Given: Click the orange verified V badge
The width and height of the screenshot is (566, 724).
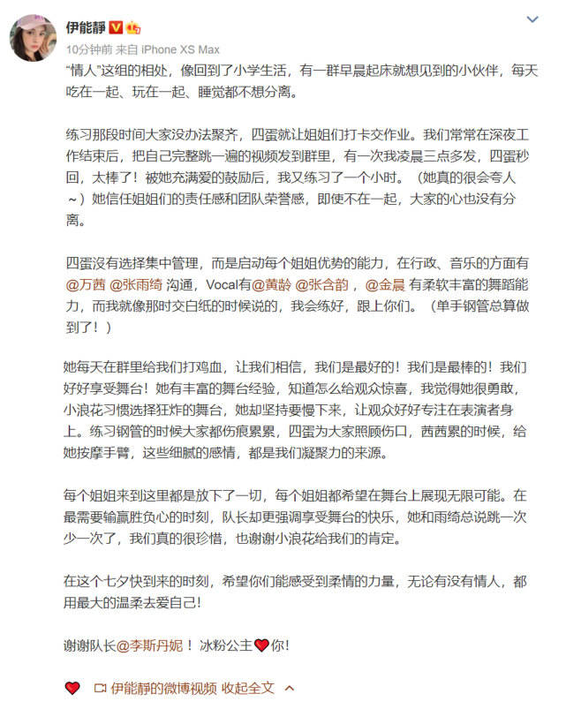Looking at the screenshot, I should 117,27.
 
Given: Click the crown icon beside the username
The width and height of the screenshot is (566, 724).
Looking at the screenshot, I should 134,27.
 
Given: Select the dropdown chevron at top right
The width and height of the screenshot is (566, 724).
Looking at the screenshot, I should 532,19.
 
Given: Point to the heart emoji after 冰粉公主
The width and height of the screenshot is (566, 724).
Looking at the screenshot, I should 260,645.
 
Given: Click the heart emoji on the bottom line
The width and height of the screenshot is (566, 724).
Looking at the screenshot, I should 72,688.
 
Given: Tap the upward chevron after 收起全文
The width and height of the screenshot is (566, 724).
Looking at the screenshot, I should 288,688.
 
